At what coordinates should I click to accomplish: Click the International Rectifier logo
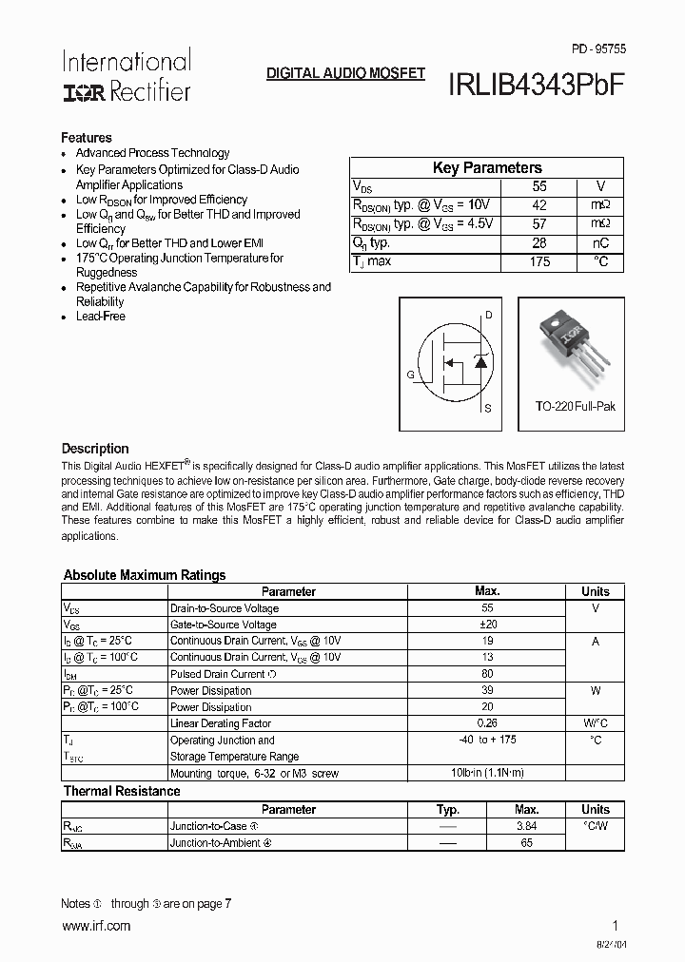(x=127, y=76)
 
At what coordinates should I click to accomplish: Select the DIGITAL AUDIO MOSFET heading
(x=345, y=73)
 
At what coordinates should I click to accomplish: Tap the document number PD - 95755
(x=598, y=48)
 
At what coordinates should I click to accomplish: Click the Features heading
(x=87, y=138)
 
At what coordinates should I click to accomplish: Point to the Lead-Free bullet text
(x=101, y=317)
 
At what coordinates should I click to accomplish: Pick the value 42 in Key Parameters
(x=539, y=205)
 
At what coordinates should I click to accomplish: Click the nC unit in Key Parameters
(x=600, y=243)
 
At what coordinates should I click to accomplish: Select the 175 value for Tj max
(x=539, y=261)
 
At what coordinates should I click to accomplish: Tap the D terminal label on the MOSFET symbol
(x=489, y=315)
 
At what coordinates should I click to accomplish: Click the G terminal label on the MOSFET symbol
(x=411, y=375)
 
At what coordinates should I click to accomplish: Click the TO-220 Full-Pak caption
(x=576, y=406)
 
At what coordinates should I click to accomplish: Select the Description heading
(x=95, y=449)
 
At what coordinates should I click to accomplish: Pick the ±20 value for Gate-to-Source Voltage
(x=487, y=625)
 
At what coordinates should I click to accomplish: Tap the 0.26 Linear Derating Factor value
(x=487, y=723)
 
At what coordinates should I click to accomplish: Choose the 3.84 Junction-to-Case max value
(x=526, y=826)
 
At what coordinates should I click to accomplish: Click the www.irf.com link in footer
(x=96, y=926)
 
